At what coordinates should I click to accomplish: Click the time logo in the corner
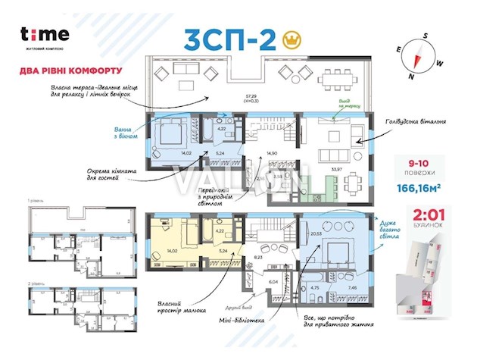pos(45,35)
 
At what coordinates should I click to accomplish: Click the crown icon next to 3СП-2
pos(289,39)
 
